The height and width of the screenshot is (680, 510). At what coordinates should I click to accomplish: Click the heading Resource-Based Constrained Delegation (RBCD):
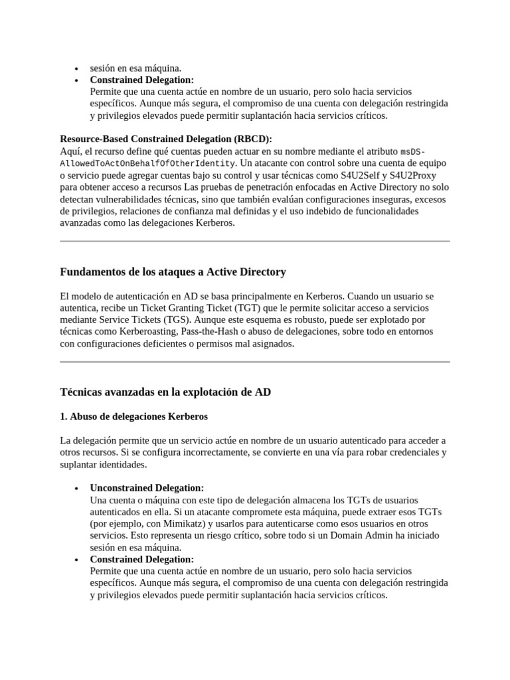click(x=166, y=139)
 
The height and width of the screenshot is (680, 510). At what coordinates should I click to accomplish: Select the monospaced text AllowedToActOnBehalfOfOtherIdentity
click(x=147, y=163)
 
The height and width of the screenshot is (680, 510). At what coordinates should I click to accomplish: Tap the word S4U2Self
click(x=359, y=175)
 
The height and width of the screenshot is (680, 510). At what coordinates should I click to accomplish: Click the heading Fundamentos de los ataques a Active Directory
click(x=173, y=272)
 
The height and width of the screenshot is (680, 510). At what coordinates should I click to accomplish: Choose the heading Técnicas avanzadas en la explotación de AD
click(x=165, y=392)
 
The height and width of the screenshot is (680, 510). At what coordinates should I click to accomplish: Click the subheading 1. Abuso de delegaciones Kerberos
click(x=133, y=417)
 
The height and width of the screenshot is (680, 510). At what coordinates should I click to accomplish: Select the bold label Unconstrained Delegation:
click(x=147, y=488)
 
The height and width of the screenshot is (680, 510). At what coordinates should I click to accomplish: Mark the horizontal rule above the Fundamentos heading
click(x=255, y=241)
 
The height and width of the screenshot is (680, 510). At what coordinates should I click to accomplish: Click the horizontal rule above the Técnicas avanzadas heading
click(x=255, y=362)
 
